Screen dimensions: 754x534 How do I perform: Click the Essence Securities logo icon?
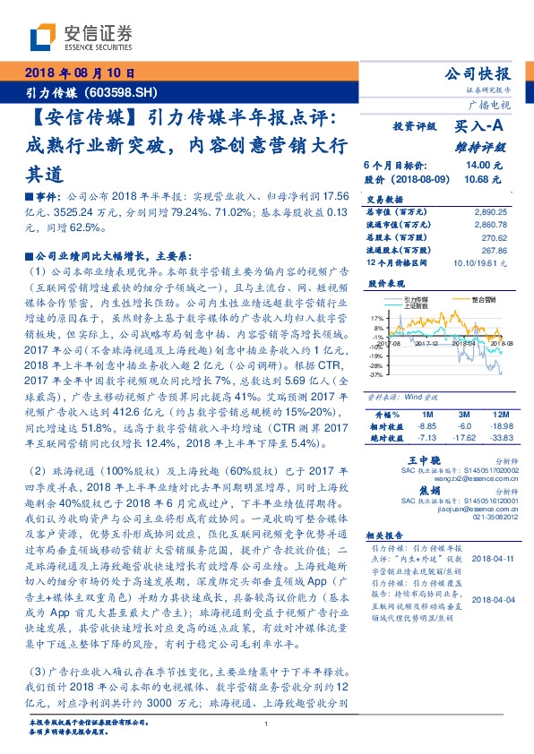(45, 36)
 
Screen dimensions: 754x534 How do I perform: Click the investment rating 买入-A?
(480, 127)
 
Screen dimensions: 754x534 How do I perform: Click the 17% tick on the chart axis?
(377, 317)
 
